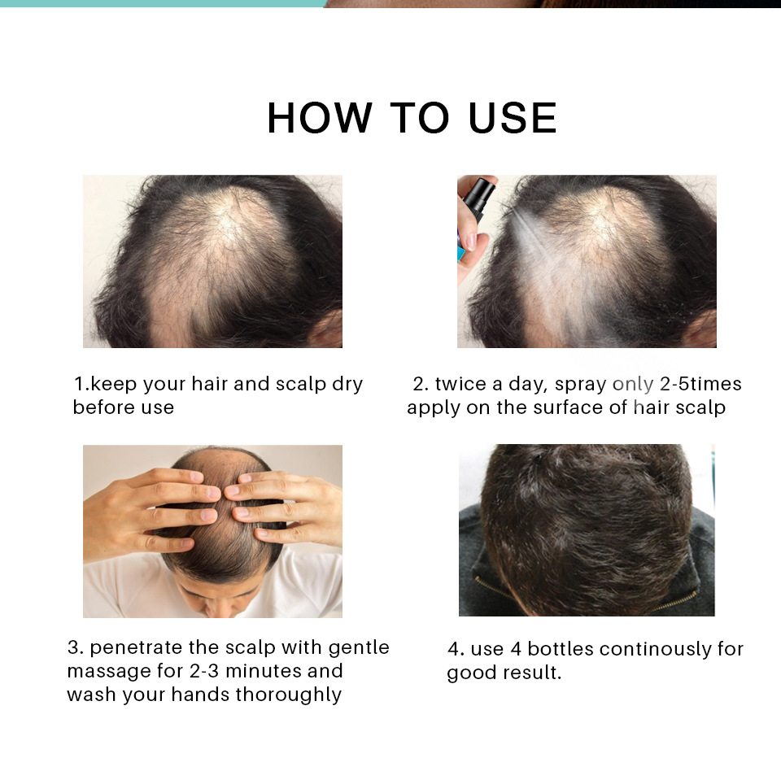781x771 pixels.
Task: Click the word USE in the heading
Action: click(x=513, y=119)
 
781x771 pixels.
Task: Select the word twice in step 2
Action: click(x=460, y=384)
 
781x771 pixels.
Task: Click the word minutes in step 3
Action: click(x=262, y=672)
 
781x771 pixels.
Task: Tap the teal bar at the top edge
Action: click(x=163, y=3)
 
